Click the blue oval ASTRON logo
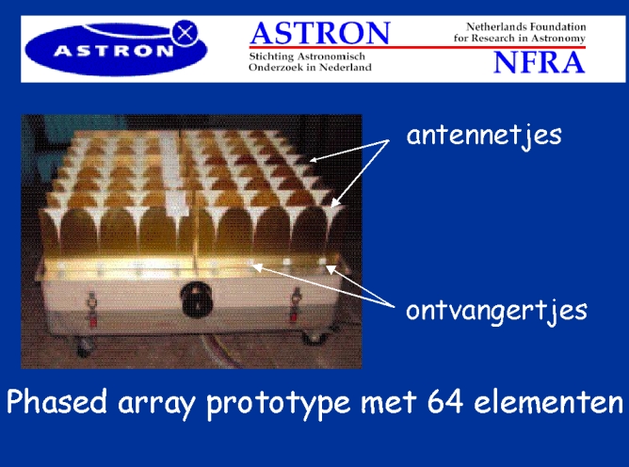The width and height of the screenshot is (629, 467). click(116, 49)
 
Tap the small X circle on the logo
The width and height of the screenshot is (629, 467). click(185, 33)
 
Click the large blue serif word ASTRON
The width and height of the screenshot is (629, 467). click(320, 33)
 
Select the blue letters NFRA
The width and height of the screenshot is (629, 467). click(539, 62)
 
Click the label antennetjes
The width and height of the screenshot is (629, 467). click(484, 136)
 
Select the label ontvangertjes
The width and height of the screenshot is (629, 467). click(496, 311)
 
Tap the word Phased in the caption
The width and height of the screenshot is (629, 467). click(56, 401)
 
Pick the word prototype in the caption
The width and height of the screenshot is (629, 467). click(278, 404)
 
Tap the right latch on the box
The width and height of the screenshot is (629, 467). click(296, 304)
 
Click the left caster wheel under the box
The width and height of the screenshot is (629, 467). click(83, 346)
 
